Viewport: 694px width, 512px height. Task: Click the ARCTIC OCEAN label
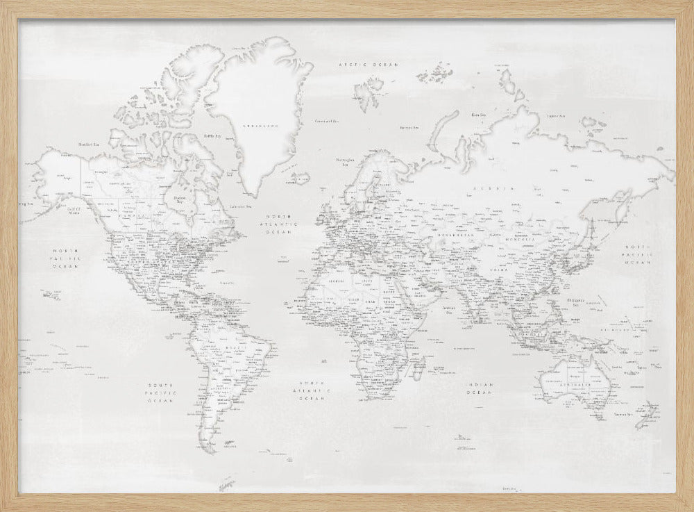point(368,64)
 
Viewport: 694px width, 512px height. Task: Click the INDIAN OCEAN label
point(480,388)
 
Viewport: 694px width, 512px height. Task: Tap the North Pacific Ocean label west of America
point(69,258)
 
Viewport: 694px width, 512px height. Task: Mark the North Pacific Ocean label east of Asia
point(637,255)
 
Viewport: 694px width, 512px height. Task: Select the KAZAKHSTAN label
point(454,237)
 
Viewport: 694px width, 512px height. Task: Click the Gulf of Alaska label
point(74,210)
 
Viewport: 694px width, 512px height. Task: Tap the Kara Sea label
point(477,115)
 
